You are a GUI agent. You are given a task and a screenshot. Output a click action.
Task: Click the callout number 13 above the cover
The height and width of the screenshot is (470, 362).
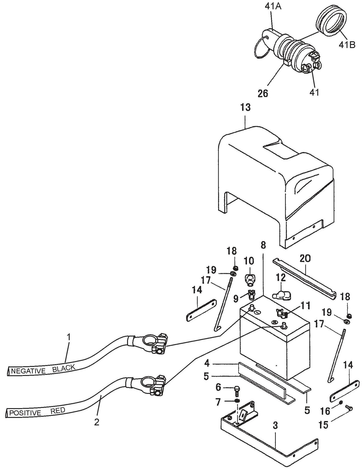[245, 108]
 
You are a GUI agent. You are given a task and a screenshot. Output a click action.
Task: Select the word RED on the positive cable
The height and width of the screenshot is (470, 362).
[58, 410]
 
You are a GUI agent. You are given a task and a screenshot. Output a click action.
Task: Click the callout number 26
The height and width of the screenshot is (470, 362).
[263, 93]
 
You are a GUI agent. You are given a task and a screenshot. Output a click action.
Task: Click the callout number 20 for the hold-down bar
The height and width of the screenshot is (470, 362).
[305, 259]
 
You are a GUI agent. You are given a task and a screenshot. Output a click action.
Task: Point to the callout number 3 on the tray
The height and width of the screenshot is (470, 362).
[275, 426]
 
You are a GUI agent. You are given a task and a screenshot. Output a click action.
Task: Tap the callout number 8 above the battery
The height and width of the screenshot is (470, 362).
[263, 245]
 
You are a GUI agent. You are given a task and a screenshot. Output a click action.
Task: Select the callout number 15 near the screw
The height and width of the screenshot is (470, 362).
[323, 425]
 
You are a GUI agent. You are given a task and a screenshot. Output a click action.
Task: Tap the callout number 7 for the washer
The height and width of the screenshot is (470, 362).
[218, 402]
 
